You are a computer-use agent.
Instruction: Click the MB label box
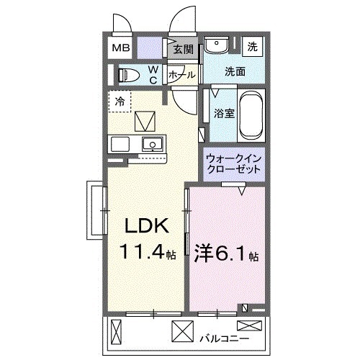point(120,49)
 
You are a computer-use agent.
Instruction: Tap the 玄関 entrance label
point(184,50)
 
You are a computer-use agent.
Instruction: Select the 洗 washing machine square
point(252,46)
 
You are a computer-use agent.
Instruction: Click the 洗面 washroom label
point(234,71)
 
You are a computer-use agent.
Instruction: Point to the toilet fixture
point(130,75)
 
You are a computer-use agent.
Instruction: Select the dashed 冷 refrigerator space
point(121,101)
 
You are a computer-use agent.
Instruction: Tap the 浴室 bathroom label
point(223,113)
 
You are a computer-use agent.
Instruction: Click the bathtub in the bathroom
point(252,114)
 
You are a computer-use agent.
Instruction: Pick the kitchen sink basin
point(152,144)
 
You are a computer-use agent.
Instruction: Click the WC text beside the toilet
point(153,75)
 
